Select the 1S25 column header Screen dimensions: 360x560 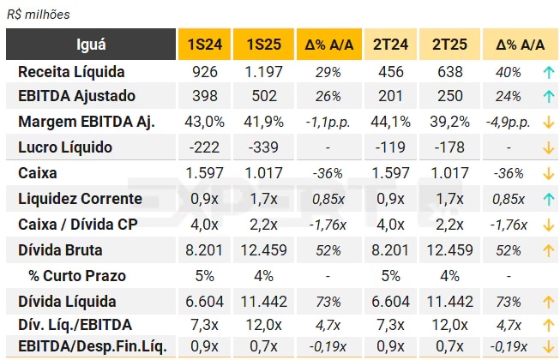263,45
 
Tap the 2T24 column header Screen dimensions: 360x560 390,45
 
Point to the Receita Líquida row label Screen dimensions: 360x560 71,72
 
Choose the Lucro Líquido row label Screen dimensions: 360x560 65,147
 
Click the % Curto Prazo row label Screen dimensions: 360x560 77,276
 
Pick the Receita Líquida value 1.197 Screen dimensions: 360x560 263,72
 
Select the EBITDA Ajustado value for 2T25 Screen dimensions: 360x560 449,96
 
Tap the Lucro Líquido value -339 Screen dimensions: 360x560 263,147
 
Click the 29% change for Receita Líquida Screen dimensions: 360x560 328,72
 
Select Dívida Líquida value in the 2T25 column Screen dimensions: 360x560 449,302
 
